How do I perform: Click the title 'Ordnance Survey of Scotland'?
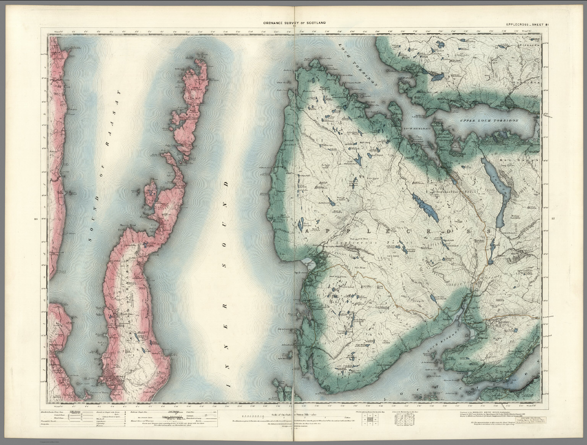pyautogui.click(x=293, y=23)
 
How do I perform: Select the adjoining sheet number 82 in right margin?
pyautogui.click(x=553, y=219)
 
